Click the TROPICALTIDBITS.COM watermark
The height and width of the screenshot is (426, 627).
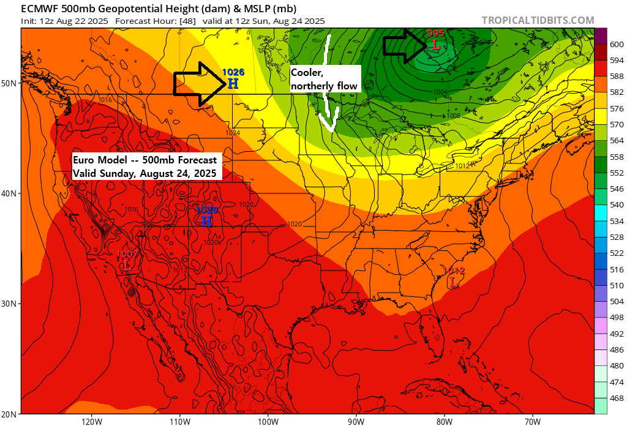coord(538,20)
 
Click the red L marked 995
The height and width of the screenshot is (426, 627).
coord(435,45)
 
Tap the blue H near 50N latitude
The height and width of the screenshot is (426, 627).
coord(233,84)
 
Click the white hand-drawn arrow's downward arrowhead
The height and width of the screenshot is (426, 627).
coord(331,126)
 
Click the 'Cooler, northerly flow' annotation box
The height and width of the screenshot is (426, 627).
coord(324,79)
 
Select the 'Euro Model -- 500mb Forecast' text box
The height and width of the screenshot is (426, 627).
coord(145,166)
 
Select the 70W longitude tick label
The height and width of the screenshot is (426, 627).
coord(532,421)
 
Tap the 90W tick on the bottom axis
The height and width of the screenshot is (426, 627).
coord(356,421)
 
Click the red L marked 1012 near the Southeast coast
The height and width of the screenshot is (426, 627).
coord(453,282)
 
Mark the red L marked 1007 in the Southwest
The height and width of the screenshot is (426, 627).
coord(127,266)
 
